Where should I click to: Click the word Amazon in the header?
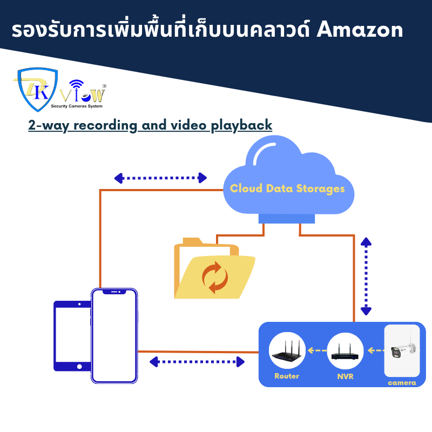360,30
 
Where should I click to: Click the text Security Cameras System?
77,106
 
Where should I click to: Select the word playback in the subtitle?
241,126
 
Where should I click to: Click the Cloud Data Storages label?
287,188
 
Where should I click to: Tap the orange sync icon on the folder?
215,277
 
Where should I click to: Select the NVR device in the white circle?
345,353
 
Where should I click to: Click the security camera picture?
402,350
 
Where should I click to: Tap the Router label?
287,376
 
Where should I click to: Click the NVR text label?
345,376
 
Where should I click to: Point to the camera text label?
402,383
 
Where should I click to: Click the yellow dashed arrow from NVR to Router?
317,350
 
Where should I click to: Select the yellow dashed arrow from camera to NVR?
376,350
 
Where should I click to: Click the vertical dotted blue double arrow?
366,276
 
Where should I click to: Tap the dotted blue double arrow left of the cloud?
160,178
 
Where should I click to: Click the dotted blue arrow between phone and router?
197,362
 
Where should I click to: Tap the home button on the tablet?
79,367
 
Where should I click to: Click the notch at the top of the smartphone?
114,292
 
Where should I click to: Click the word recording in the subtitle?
105,126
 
